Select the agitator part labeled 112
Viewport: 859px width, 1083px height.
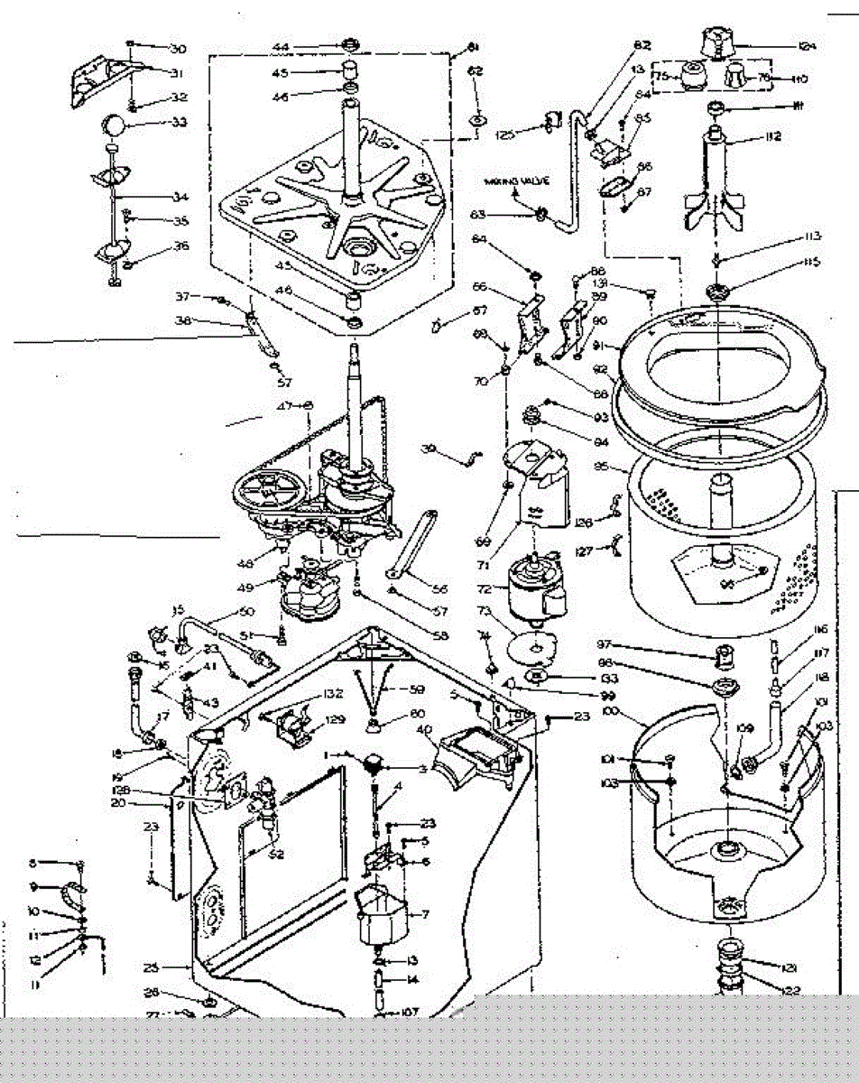point(719,180)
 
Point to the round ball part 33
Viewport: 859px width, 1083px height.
point(115,123)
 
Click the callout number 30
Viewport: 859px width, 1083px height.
point(177,48)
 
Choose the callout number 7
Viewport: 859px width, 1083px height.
point(424,914)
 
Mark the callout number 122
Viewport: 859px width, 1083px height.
point(791,990)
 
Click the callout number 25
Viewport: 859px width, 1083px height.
point(151,967)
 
